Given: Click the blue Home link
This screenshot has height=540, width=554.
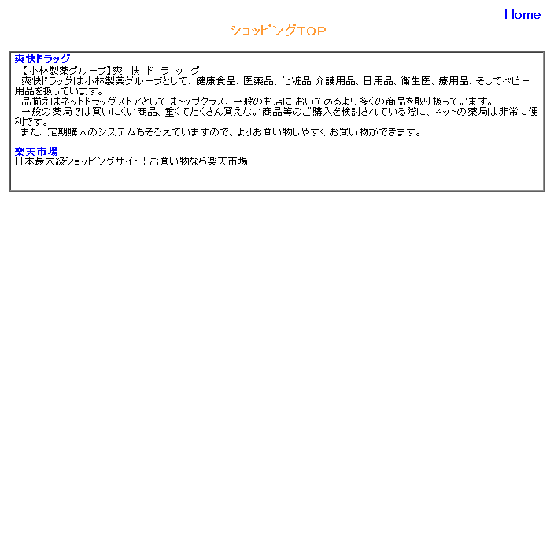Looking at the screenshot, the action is tap(523, 14).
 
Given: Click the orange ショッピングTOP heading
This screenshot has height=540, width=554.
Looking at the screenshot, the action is tap(278, 31).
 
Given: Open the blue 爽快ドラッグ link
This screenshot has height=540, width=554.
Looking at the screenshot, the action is tap(42, 59).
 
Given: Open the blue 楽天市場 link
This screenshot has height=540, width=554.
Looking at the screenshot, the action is tap(36, 152).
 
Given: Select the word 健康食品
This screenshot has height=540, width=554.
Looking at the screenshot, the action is tap(216, 81).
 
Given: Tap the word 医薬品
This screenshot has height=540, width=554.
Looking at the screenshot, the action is tap(258, 81).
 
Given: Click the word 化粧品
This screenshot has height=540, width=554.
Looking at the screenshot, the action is tap(296, 81).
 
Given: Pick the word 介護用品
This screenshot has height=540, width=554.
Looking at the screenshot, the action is tap(335, 81).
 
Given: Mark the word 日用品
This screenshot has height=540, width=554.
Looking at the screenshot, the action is tap(378, 81).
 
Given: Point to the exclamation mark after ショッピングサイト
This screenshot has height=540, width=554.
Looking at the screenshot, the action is tap(144, 161).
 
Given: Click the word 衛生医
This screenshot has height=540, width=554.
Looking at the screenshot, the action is tap(415, 81).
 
